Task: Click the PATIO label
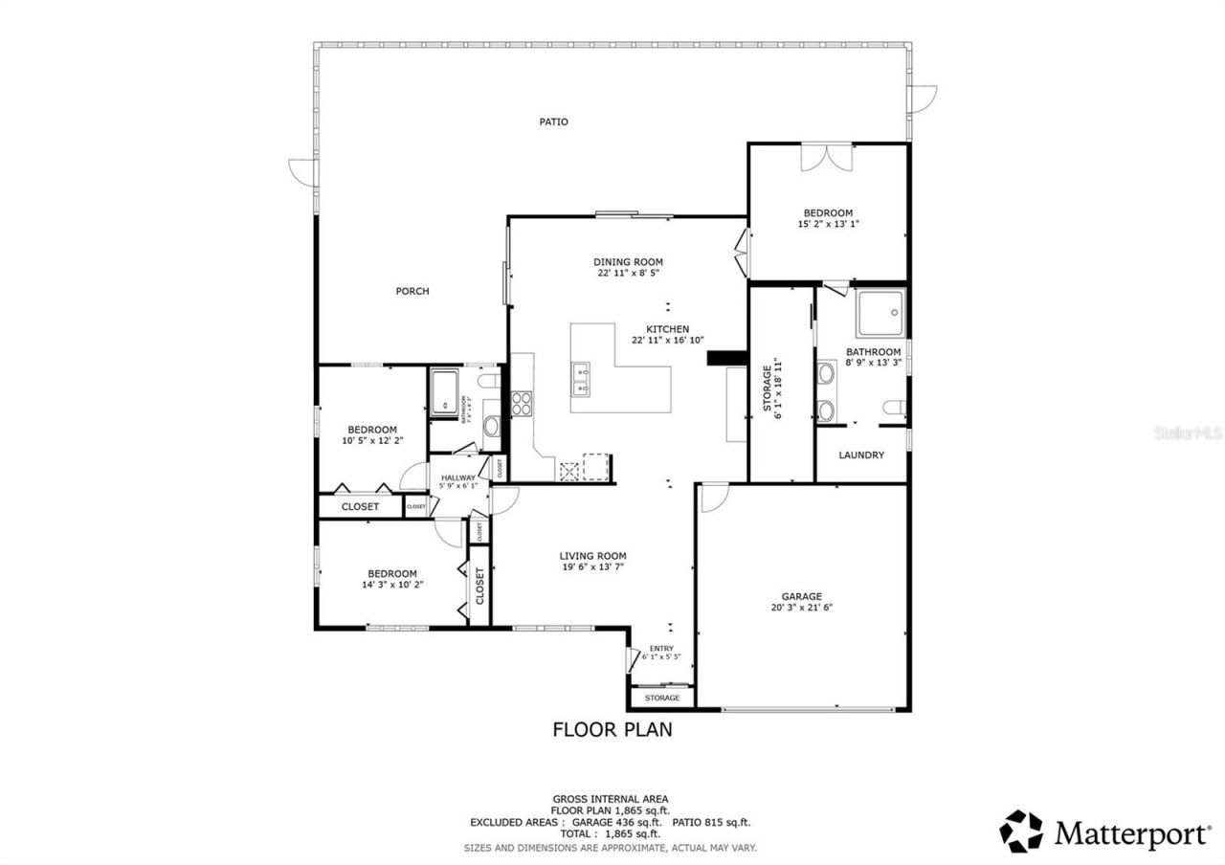[x=553, y=122]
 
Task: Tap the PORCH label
[x=412, y=291]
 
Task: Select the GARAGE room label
[x=801, y=596]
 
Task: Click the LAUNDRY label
[x=861, y=455]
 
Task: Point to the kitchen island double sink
[x=580, y=379]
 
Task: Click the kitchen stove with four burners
[x=523, y=404]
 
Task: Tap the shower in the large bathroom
[x=880, y=312]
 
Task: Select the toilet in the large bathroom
[x=895, y=408]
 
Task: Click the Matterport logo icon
[x=1021, y=832]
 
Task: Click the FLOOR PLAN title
[x=612, y=730]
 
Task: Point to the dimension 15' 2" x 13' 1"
[x=828, y=224]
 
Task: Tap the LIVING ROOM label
[x=592, y=556]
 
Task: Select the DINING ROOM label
[x=628, y=261]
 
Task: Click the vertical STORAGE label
[x=767, y=388]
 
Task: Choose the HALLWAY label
[x=458, y=477]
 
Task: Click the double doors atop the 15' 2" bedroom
[x=825, y=158]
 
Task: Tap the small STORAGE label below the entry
[x=661, y=698]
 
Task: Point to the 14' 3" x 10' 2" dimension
[x=390, y=585]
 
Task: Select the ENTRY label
[x=661, y=648]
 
